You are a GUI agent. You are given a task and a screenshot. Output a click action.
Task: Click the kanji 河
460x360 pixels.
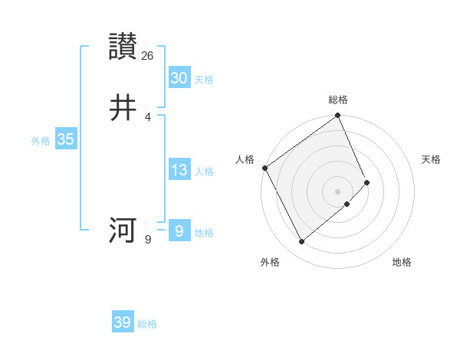click(x=123, y=230)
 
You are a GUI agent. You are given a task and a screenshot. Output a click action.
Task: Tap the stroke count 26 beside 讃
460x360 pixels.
click(x=148, y=56)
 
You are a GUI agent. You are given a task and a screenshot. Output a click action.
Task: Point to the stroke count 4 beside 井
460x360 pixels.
click(x=148, y=117)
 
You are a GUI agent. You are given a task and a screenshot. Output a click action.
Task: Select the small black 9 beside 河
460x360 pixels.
click(x=148, y=240)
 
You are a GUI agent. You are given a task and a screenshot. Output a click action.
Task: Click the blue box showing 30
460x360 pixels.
click(x=179, y=78)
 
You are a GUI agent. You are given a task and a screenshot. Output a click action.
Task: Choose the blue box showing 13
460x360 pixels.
click(x=179, y=170)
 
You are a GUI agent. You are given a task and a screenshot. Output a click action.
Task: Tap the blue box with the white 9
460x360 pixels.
click(x=179, y=231)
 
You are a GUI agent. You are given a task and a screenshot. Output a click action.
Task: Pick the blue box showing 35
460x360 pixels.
click(x=65, y=139)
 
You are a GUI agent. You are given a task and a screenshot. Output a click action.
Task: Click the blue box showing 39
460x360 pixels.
click(x=123, y=322)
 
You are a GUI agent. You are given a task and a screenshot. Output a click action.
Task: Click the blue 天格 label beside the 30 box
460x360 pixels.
click(x=204, y=80)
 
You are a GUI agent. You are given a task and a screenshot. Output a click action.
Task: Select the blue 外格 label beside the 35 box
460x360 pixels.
click(x=41, y=141)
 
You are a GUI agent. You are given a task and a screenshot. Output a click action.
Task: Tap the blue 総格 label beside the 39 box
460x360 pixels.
click(x=147, y=324)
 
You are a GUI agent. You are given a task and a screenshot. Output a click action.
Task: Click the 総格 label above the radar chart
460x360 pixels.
click(x=338, y=100)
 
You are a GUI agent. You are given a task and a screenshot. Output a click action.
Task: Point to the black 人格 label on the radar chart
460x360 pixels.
click(x=245, y=159)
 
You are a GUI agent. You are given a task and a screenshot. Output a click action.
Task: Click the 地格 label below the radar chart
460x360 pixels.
click(x=402, y=262)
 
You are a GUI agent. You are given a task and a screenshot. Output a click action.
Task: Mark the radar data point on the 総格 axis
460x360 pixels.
click(x=338, y=116)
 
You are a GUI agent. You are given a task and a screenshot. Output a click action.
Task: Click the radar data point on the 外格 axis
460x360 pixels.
click(x=301, y=242)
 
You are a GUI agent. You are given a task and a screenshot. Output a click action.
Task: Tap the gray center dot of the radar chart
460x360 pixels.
click(x=338, y=191)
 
